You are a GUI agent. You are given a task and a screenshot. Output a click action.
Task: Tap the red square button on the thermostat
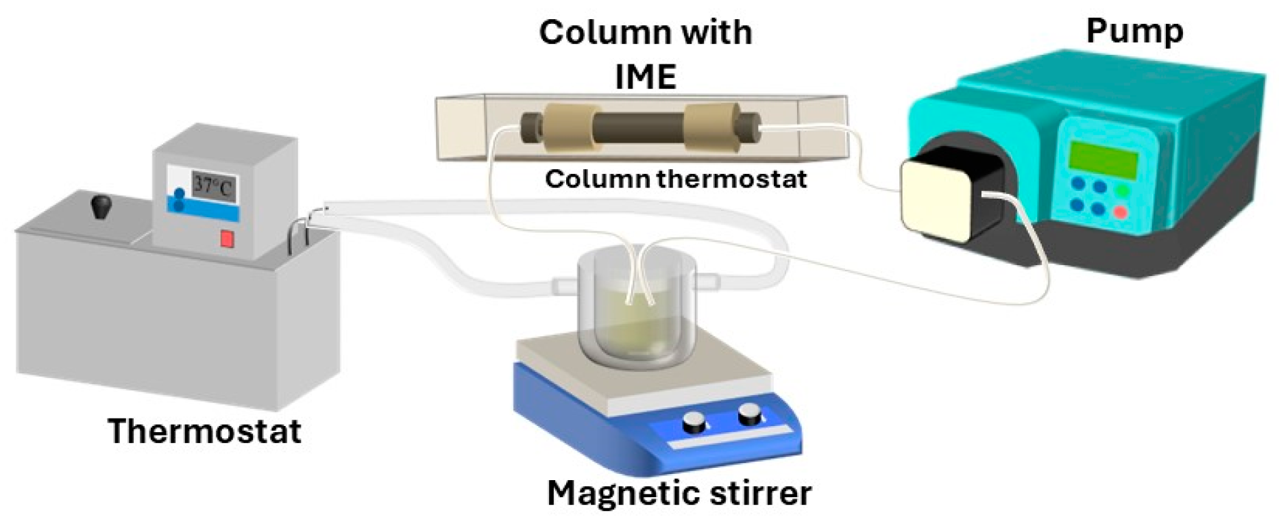coord(227,240)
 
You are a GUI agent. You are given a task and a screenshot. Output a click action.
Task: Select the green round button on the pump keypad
coord(1122,190)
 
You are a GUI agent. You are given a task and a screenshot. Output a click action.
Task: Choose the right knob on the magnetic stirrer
coord(749,414)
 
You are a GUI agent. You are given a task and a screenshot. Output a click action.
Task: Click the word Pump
coord(1134,32)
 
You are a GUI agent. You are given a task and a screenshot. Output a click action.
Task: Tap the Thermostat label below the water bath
coord(204,431)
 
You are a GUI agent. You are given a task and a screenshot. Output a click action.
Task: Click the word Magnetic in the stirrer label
coord(622,492)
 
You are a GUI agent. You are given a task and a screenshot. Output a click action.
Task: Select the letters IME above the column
coord(646,76)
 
